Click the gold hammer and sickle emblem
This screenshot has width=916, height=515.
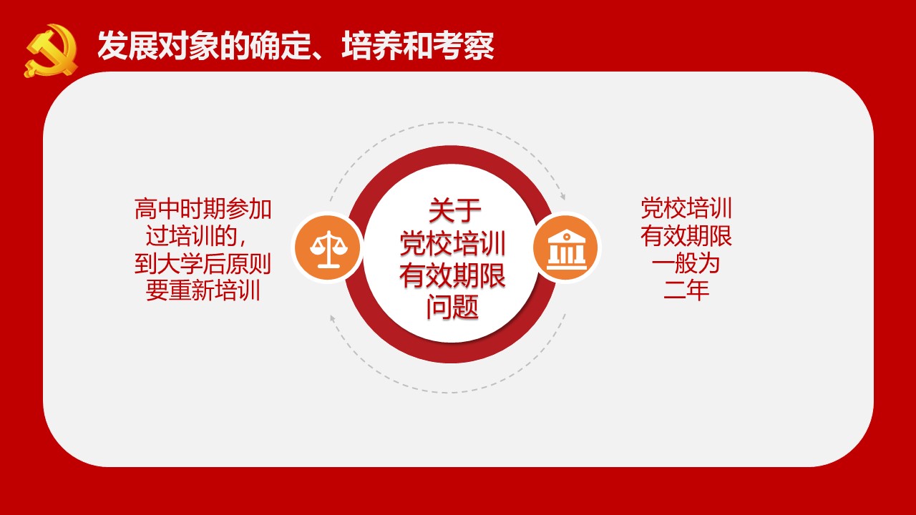(x=51, y=51)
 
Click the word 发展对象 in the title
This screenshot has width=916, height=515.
(x=158, y=45)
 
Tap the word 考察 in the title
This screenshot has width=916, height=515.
(x=464, y=45)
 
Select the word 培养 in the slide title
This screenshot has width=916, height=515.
(x=372, y=45)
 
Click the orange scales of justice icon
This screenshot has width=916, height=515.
(x=328, y=248)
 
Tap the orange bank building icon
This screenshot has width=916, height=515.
(x=566, y=248)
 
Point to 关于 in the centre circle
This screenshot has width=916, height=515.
(x=454, y=210)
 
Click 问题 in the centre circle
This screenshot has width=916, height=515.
(x=452, y=307)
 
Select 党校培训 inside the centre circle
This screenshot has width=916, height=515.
(x=453, y=243)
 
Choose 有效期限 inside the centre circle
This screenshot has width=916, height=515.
(x=453, y=275)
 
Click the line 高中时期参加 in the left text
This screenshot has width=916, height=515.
(x=203, y=209)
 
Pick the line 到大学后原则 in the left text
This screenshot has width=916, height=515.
(x=203, y=264)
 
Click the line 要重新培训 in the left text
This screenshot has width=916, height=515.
(x=203, y=290)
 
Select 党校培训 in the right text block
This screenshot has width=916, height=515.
(x=686, y=208)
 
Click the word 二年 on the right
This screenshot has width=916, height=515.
(x=686, y=290)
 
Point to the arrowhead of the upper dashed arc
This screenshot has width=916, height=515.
(x=562, y=196)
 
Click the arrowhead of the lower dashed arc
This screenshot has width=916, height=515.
(x=333, y=318)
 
